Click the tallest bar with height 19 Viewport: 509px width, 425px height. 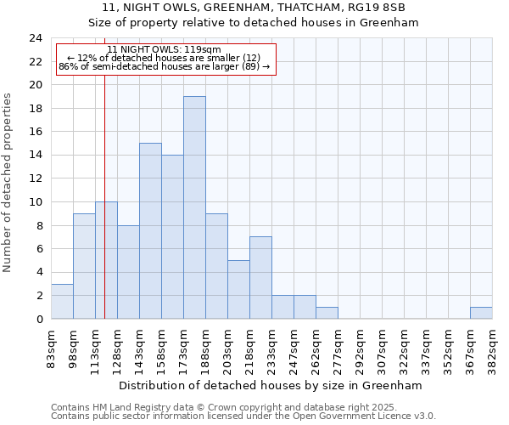194,207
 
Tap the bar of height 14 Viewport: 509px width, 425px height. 172,237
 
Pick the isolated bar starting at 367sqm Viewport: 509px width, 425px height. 481,313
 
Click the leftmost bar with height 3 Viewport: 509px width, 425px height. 62,301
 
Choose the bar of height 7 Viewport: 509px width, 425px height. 260,278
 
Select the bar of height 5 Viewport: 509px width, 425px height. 238,289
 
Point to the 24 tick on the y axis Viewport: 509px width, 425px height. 36,38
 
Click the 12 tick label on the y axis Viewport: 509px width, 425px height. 36,178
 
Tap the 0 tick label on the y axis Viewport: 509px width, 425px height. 39,319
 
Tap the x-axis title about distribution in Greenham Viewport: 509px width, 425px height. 270,385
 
